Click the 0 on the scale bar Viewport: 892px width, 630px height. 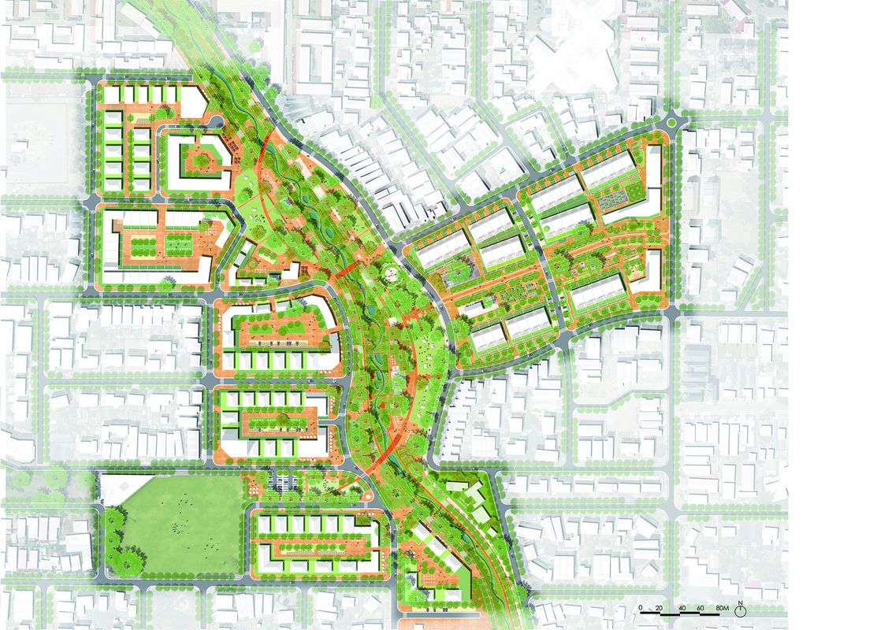tap(641, 607)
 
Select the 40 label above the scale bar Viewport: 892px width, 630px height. tap(678, 607)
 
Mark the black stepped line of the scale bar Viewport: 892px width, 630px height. tap(678, 613)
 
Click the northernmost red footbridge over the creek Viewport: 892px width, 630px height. tap(268, 142)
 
